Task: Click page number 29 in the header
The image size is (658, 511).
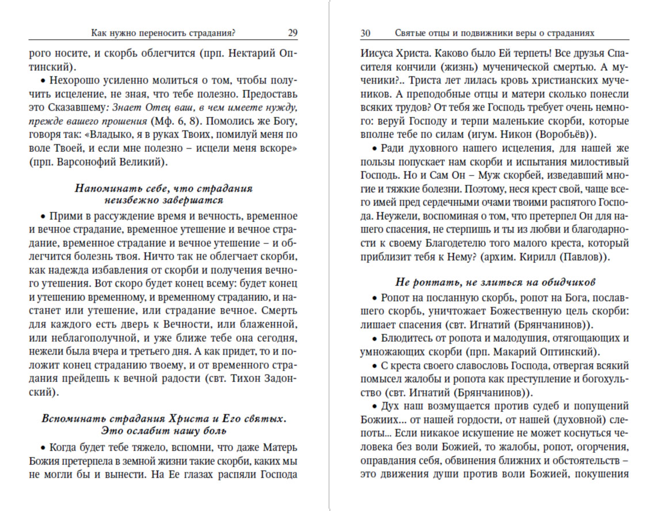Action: (x=292, y=33)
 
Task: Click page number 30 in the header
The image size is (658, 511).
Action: (x=366, y=33)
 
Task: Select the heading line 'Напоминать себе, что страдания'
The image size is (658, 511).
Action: (x=164, y=188)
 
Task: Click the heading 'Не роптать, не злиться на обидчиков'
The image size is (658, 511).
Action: (x=495, y=282)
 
